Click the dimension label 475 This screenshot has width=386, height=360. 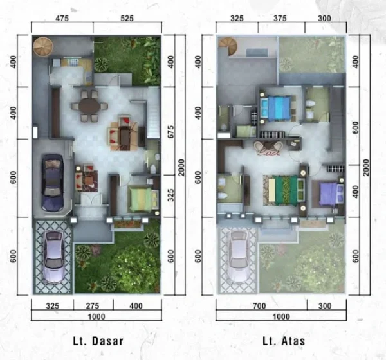click(62, 19)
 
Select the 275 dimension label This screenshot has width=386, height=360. click(94, 305)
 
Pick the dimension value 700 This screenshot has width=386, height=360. click(261, 305)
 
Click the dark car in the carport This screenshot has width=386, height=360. click(51, 183)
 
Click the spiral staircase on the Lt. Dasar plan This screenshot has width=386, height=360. click(43, 47)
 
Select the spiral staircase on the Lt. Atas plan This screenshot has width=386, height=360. click(228, 46)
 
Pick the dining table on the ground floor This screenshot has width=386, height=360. click(89, 104)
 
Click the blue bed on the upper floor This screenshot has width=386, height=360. click(277, 107)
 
